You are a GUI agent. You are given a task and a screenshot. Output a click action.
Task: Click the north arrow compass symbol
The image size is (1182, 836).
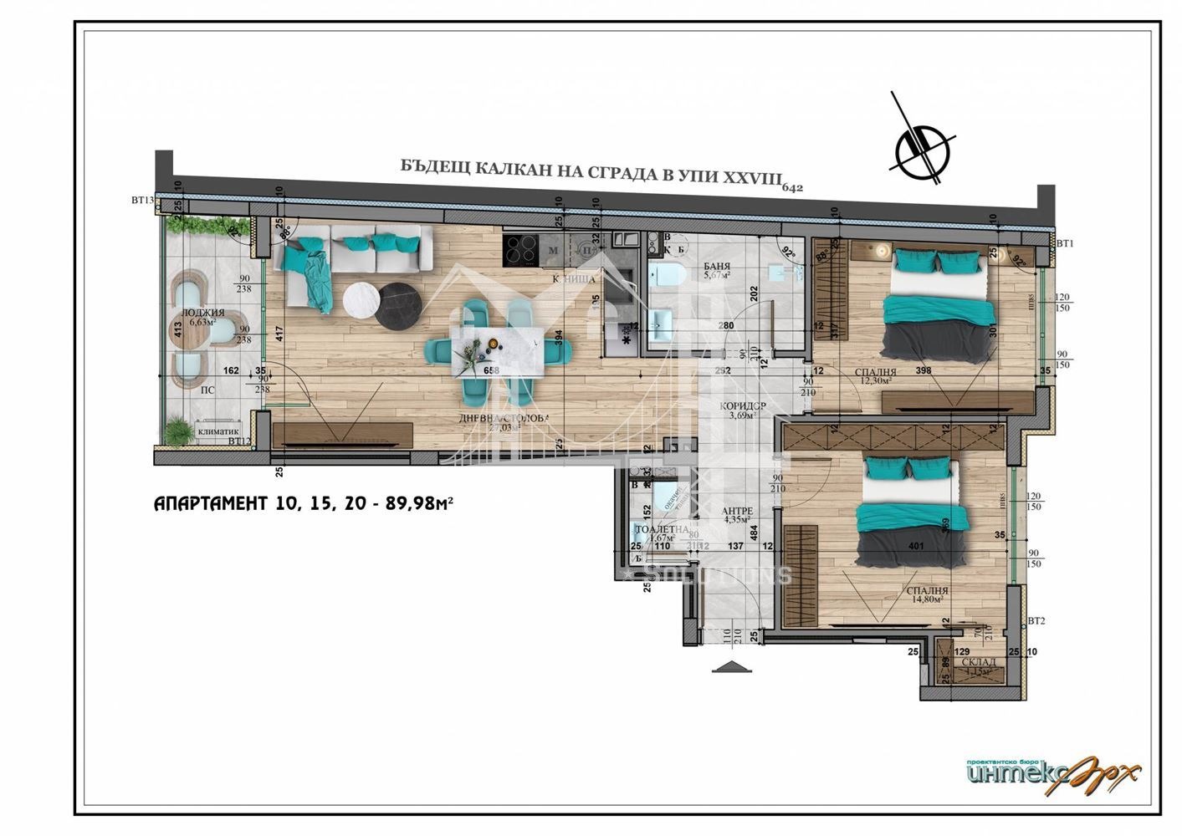tap(924, 149)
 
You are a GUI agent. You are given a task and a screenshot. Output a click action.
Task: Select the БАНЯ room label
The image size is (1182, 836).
tap(718, 265)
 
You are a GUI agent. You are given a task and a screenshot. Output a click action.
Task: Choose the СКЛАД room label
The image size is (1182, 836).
tap(978, 662)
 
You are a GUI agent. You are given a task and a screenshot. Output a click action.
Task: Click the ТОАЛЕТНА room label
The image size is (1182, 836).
tap(661, 529)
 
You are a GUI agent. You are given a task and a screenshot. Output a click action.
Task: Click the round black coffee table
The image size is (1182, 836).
tap(400, 307)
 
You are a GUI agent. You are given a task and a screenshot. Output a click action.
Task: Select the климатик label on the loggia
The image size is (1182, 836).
tap(218, 431)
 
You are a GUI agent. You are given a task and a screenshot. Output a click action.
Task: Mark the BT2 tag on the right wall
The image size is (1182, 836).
tap(1036, 621)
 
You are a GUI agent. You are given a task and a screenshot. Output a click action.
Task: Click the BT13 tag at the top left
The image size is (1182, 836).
tap(142, 201)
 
